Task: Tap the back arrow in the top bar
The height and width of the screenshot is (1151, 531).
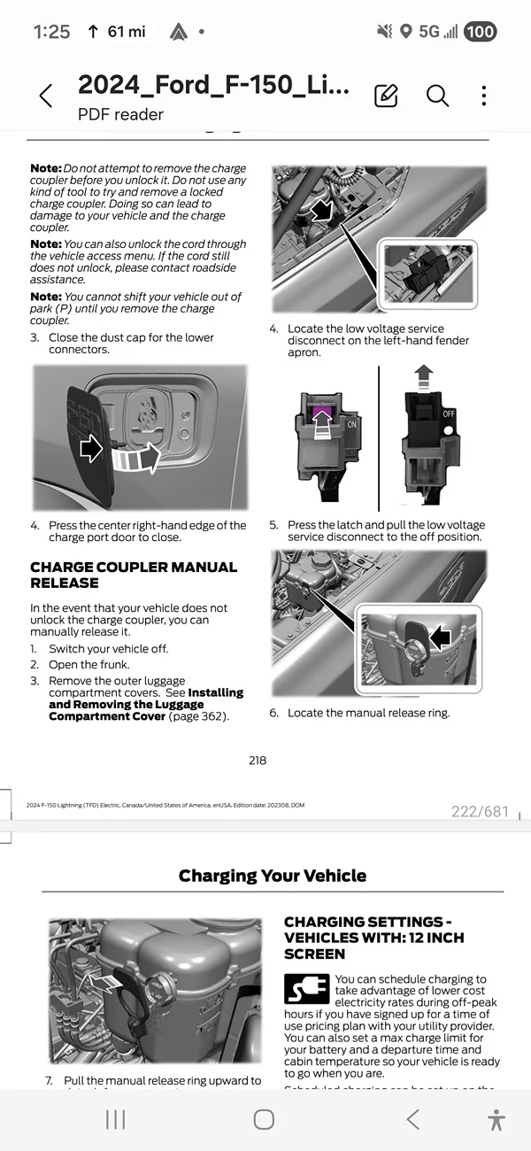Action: click(x=46, y=96)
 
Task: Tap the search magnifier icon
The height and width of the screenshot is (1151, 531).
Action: click(x=437, y=96)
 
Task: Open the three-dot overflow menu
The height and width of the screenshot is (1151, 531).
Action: click(x=484, y=96)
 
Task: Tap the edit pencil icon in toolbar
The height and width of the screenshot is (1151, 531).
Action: click(x=386, y=96)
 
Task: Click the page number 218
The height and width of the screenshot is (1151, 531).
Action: click(x=258, y=760)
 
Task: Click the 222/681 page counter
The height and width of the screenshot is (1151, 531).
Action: click(x=481, y=811)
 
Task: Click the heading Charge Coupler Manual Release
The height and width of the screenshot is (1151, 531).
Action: click(x=134, y=575)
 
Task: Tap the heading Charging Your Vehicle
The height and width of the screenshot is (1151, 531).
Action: click(x=272, y=876)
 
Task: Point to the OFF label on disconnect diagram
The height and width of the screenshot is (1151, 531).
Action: click(x=449, y=413)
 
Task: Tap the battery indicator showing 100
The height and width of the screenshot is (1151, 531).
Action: click(x=480, y=32)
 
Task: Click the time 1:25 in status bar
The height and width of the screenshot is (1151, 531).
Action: click(x=51, y=32)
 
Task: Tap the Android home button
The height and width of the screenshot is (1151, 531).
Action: click(x=264, y=1119)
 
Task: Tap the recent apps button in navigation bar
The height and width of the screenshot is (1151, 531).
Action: click(x=115, y=1119)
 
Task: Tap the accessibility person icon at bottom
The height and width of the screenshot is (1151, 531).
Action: click(x=496, y=1119)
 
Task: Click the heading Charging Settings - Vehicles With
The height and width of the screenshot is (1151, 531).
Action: click(x=373, y=938)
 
